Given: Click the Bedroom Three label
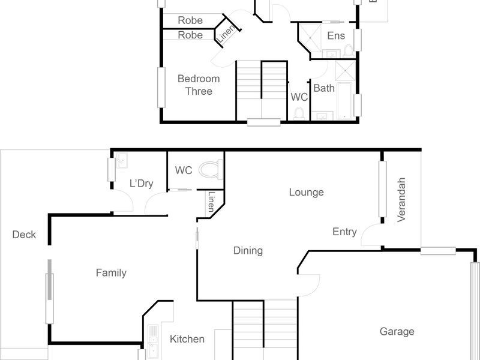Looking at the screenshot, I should click(x=199, y=85).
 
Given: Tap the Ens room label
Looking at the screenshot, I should click(x=336, y=36).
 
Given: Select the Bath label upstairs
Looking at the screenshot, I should click(x=324, y=88).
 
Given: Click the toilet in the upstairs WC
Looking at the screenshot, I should click(x=299, y=112).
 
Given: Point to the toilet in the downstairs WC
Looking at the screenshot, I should click(x=209, y=170).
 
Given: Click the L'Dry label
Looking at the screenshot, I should click(x=141, y=183).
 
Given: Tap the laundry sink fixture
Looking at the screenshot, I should click(x=121, y=160).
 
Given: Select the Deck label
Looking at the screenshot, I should click(x=24, y=235).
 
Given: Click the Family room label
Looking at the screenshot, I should click(x=111, y=273).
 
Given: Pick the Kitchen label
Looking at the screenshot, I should click(x=187, y=339).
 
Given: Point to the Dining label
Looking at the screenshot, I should click(x=248, y=251).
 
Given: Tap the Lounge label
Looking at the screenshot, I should click(x=306, y=192).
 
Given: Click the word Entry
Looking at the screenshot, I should click(x=344, y=232).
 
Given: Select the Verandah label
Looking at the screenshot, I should click(x=402, y=200).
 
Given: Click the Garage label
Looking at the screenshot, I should click(x=397, y=331).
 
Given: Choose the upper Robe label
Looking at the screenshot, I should click(x=190, y=20).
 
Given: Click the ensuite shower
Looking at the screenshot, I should click(x=310, y=36).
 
